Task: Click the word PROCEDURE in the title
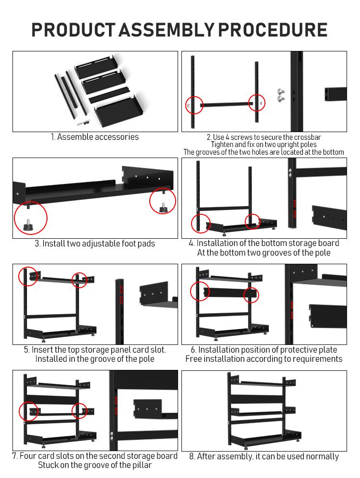pos(273,30)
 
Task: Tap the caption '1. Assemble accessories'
pos(95,137)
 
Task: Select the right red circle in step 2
pos(257,102)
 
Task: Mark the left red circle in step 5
pos(28,276)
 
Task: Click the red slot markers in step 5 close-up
pos(121,294)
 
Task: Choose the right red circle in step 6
pos(251,295)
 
